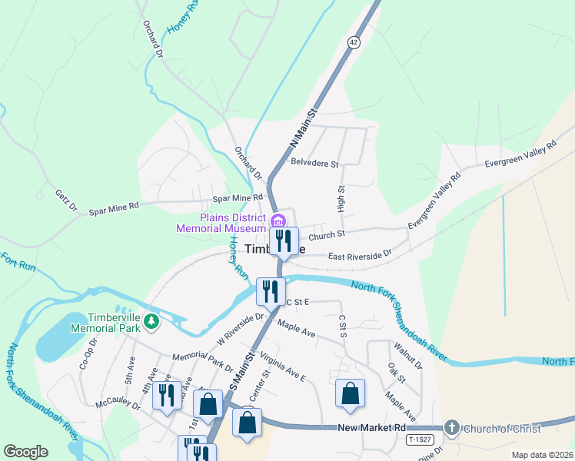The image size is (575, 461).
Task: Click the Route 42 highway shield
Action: (x=353, y=44)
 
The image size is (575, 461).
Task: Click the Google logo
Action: (x=25, y=452)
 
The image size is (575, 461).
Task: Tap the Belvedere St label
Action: (x=315, y=163)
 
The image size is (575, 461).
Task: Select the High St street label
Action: (x=341, y=198)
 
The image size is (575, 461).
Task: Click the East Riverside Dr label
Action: (x=360, y=254)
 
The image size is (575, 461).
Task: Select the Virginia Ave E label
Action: (x=283, y=367)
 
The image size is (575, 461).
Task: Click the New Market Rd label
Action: (x=371, y=427)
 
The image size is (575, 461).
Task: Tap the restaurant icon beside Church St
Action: (x=284, y=241)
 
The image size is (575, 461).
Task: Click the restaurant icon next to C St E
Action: (x=271, y=291)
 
